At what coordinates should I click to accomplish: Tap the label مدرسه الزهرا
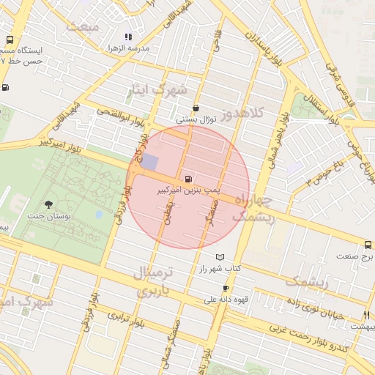(x=128, y=48)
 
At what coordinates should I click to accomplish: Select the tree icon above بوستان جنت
(x=48, y=204)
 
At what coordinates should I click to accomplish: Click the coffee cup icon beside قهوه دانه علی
(x=226, y=289)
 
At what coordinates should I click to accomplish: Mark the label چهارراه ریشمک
(x=253, y=209)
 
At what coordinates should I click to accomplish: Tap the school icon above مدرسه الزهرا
(x=128, y=37)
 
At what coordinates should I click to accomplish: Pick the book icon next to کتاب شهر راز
(x=220, y=258)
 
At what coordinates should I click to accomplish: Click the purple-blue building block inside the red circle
(x=149, y=163)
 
